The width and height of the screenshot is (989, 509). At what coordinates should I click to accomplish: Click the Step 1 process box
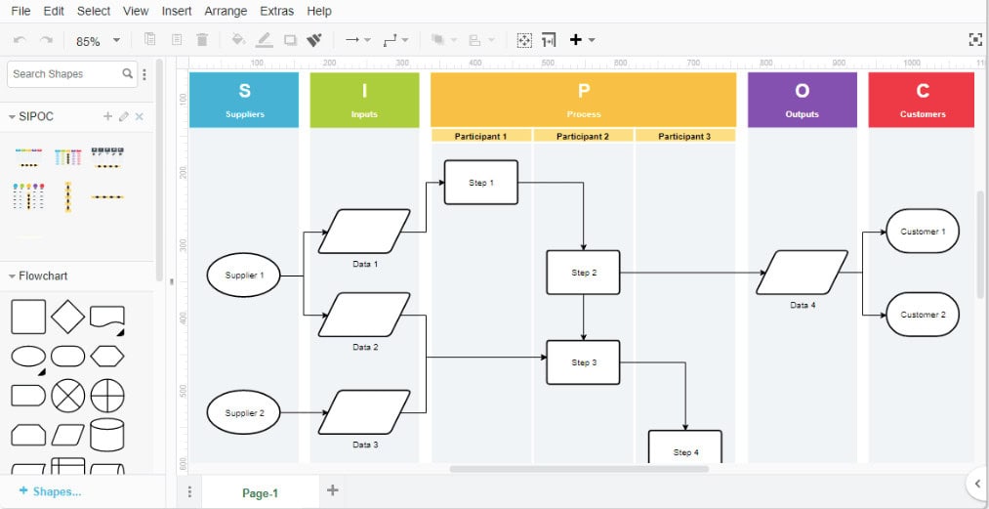coord(481,183)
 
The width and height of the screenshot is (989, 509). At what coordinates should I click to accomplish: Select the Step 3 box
coord(584,362)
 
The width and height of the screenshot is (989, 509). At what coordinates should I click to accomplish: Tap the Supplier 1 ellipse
coord(243,276)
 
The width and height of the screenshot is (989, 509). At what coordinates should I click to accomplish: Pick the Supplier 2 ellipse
coord(243,412)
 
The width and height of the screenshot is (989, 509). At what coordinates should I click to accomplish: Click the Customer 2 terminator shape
coord(923,315)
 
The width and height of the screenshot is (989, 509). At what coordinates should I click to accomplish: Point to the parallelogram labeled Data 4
coord(803,273)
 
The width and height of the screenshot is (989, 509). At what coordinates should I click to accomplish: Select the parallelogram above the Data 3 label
coord(364,412)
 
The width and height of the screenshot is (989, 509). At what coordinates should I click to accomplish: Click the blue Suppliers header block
coord(244,100)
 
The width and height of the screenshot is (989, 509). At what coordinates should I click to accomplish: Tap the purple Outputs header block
coord(803,100)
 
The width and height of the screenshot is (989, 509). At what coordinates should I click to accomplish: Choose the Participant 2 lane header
coord(583,136)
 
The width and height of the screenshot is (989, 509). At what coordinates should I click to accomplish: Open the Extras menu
coord(277,11)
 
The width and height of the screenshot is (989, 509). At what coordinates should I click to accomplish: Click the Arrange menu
coord(226,11)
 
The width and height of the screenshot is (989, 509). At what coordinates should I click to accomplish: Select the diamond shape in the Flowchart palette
coord(67,317)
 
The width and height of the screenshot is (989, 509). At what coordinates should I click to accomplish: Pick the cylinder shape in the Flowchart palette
coord(107,435)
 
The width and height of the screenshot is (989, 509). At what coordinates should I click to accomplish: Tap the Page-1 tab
coord(260,493)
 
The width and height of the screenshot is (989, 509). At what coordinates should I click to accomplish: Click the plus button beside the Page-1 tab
coord(332,490)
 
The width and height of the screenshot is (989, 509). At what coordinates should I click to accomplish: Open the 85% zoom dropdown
coord(98,41)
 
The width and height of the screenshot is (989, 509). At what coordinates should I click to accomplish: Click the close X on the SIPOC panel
coord(140,116)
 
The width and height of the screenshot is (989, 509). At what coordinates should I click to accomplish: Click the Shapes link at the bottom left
coord(51,491)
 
